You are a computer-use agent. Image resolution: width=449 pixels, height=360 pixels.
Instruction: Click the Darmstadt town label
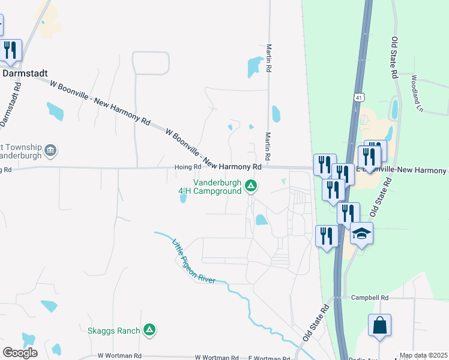coord(26,73)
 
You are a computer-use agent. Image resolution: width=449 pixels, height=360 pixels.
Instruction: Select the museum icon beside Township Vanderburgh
coord(50,150)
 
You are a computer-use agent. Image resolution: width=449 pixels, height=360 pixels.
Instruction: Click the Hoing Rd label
coord(187,167)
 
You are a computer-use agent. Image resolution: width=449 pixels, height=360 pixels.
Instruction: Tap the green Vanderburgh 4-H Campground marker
coord(251,187)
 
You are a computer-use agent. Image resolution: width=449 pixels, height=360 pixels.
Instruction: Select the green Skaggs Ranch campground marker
coord(150,329)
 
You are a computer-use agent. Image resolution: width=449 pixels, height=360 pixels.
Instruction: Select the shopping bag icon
coord(379,326)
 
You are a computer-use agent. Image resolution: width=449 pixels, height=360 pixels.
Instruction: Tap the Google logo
coord(20,352)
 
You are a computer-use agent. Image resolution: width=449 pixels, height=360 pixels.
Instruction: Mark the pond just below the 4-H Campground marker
coord(261,220)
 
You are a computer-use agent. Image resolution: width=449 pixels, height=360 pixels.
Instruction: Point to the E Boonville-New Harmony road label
coord(402,170)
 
